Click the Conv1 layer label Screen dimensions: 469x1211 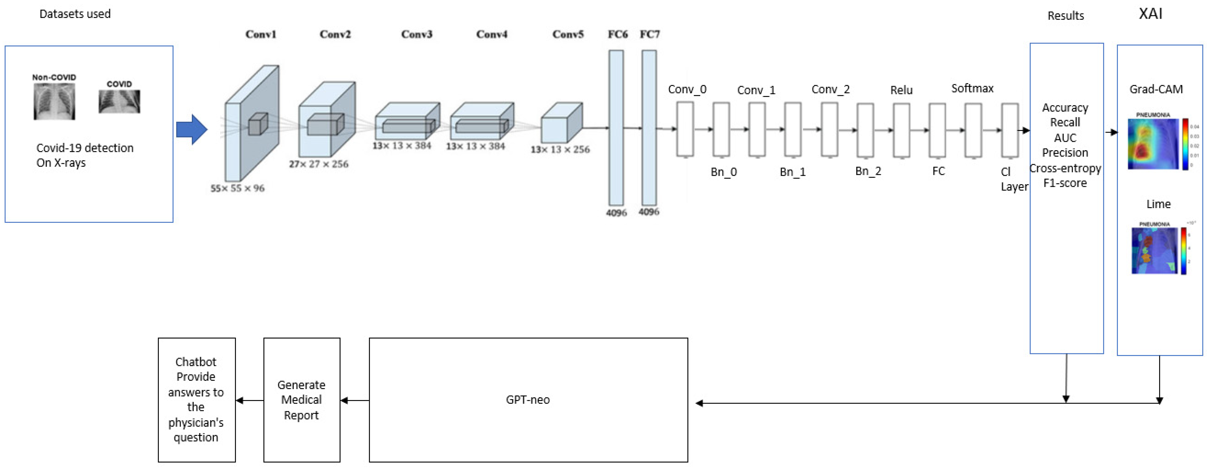pyautogui.click(x=261, y=34)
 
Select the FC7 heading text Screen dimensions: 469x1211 pyautogui.click(x=650, y=34)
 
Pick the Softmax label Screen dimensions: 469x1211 pyautogui.click(x=972, y=88)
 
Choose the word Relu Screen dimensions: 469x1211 pyautogui.click(x=901, y=90)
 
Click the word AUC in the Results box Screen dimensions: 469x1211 pyautogui.click(x=1065, y=138)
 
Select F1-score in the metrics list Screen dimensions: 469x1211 pyautogui.click(x=1065, y=183)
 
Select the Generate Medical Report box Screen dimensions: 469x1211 pyautogui.click(x=301, y=400)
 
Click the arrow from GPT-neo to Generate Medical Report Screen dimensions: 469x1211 pyautogui.click(x=355, y=401)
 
